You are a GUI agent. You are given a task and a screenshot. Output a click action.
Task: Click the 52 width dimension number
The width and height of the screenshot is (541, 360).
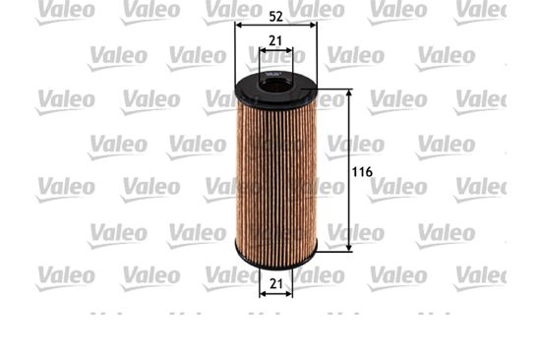click(x=275, y=15)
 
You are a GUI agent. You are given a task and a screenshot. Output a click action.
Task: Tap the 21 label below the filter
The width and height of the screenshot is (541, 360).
click(x=276, y=283)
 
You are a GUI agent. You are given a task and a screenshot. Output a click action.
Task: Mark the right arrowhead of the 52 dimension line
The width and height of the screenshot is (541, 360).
click(x=314, y=29)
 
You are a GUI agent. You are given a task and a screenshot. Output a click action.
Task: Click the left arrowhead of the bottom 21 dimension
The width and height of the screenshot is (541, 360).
click(x=263, y=293)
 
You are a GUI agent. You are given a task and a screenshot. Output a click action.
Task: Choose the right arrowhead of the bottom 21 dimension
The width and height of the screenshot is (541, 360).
click(x=292, y=293)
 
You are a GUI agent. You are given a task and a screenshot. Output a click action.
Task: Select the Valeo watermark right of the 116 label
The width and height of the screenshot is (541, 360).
click(x=397, y=185)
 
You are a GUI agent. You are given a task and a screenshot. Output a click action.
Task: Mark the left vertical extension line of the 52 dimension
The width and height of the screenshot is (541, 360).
click(x=235, y=59)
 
